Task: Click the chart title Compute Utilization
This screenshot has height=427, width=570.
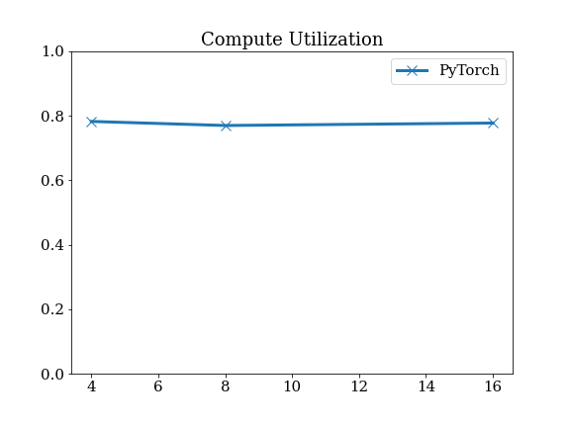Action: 292,40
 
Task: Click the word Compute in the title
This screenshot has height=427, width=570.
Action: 241,40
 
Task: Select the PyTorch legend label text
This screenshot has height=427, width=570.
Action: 469,70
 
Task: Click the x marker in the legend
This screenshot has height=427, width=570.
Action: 412,70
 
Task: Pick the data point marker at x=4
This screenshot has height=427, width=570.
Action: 92,122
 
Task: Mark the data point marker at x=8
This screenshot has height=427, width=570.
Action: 226,126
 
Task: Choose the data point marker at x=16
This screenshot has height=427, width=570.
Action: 493,124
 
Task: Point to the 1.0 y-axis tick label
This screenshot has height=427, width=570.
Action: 52,51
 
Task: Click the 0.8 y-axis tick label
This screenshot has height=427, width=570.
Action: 52,117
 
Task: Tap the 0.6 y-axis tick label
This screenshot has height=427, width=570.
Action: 52,181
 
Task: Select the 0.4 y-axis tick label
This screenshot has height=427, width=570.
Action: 52,245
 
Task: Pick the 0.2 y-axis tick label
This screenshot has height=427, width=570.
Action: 52,309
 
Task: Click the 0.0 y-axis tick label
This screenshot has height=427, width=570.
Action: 52,374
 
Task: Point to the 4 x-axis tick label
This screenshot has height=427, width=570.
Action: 92,386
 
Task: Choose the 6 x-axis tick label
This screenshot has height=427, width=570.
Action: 158,386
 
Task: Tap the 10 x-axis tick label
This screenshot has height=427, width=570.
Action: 292,386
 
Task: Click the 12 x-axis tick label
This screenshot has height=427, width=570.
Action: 359,386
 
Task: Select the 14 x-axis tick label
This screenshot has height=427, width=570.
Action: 427,386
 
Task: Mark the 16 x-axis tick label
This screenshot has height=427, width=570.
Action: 493,386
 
